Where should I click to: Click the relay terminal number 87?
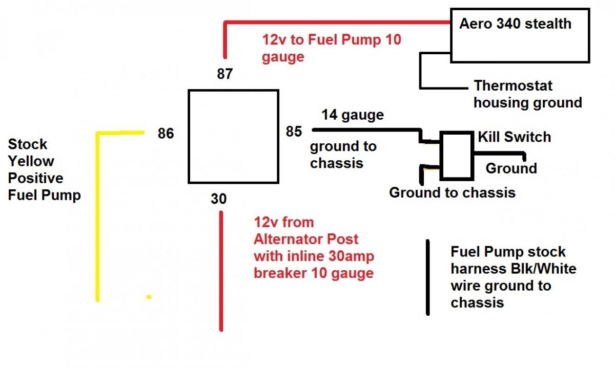pyautogui.click(x=224, y=75)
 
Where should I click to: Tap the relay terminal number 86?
pyautogui.click(x=166, y=134)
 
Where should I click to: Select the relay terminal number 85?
pyautogui.click(x=294, y=132)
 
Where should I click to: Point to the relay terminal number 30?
pyautogui.click(x=218, y=199)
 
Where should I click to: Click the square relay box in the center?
pyautogui.click(x=233, y=137)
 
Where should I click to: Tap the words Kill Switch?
pyautogui.click(x=514, y=137)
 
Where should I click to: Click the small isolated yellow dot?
pyautogui.click(x=149, y=297)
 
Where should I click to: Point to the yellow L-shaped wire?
pyautogui.click(x=97, y=215)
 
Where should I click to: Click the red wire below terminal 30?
pyautogui.click(x=221, y=271)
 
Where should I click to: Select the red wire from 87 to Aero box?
pyautogui.click(x=333, y=23)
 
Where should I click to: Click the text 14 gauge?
pyautogui.click(x=353, y=115)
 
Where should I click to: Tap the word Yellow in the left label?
pyautogui.click(x=31, y=161)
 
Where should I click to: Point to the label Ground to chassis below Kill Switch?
pyautogui.click(x=452, y=193)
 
